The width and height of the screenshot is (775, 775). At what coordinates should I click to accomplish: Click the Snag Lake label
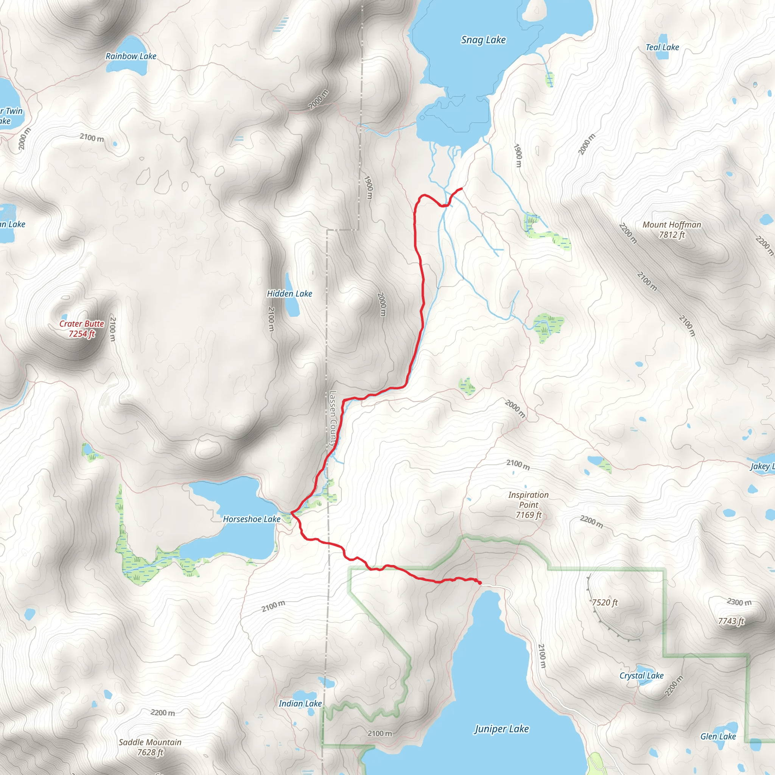point(483,40)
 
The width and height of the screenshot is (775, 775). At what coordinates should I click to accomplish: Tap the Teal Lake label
point(662,47)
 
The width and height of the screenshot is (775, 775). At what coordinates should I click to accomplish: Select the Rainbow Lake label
point(131,56)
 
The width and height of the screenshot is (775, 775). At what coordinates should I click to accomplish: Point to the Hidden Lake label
point(289,294)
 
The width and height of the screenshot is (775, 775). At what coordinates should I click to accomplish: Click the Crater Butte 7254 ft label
point(82,328)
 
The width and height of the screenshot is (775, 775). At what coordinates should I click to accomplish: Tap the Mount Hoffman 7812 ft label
point(672,229)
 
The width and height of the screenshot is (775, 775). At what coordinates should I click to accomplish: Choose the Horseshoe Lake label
point(252,519)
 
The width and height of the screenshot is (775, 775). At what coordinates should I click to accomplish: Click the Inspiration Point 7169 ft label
point(528,505)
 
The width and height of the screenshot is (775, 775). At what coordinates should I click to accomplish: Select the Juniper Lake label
point(501,729)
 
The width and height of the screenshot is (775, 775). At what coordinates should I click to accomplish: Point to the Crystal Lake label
point(641,675)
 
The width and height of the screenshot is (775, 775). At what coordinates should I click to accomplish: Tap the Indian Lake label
point(300,703)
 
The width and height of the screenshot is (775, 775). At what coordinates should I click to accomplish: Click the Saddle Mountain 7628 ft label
point(150,747)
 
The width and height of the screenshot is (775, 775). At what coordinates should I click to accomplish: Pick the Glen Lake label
point(717,736)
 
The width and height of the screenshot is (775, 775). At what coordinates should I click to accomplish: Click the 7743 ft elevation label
point(730,621)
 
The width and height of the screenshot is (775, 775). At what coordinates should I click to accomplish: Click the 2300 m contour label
point(739,602)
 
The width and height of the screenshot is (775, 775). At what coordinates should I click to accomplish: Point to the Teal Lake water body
point(662,55)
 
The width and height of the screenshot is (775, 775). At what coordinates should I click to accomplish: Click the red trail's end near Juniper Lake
point(480,582)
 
